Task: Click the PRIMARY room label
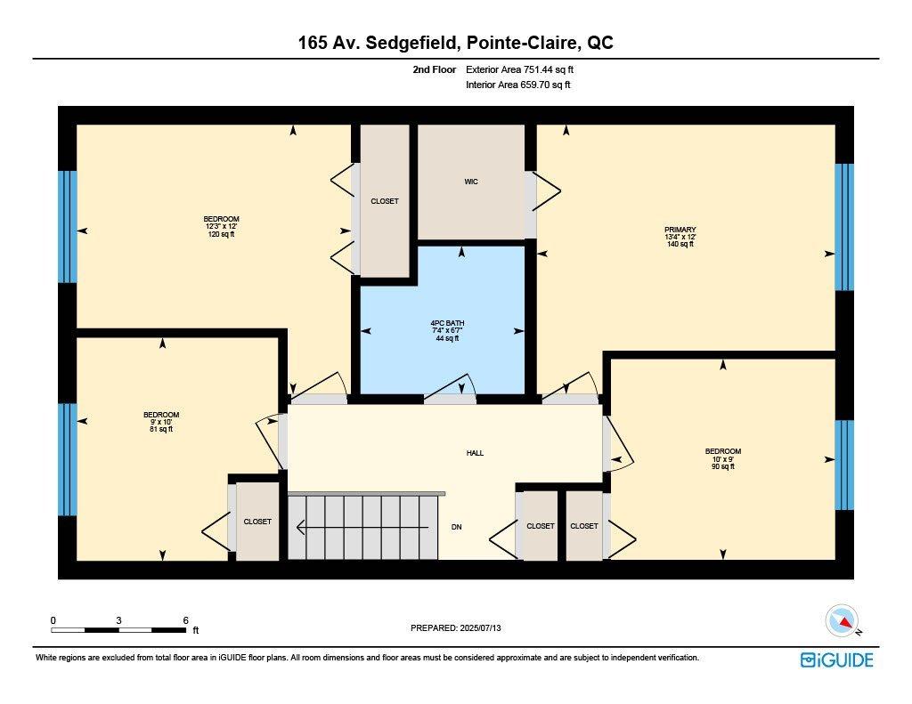click(x=680, y=236)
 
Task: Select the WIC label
click(x=471, y=182)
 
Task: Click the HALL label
click(x=475, y=453)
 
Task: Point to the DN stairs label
click(x=456, y=527)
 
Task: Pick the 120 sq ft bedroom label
click(x=221, y=226)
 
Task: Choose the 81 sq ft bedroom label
click(x=161, y=422)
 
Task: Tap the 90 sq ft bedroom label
click(x=722, y=458)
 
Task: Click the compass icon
click(x=842, y=621)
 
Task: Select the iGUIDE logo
click(x=836, y=659)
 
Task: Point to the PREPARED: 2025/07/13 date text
click(x=462, y=627)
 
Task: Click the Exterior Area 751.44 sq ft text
click(x=526, y=69)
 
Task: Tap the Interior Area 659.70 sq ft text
click(x=518, y=85)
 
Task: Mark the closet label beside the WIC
click(x=385, y=201)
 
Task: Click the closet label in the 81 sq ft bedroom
click(x=257, y=522)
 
